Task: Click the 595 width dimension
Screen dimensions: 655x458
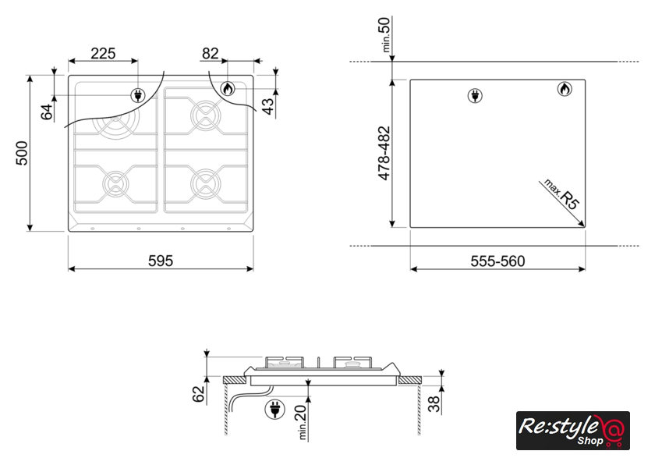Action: (x=161, y=261)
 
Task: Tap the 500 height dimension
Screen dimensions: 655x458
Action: (x=22, y=153)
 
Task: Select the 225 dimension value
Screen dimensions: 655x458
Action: (x=103, y=54)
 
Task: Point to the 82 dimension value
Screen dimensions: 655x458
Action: (x=210, y=54)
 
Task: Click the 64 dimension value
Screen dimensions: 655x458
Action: (x=47, y=112)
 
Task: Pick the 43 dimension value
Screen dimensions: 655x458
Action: (x=268, y=106)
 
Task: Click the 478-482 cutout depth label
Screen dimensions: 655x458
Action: (x=384, y=154)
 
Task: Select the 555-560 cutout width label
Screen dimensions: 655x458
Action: (x=497, y=261)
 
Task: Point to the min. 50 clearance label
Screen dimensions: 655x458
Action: (x=385, y=34)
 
